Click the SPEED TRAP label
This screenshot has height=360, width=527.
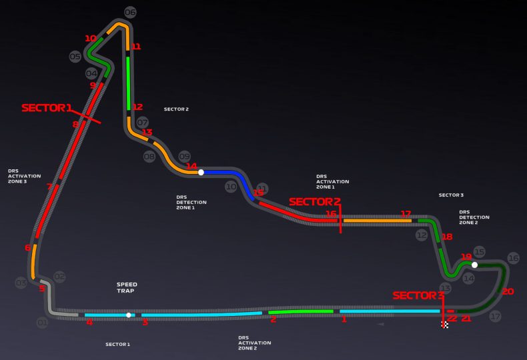[x=127, y=288]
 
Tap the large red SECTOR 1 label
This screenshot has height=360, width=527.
[x=46, y=107]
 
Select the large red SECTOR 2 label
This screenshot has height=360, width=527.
[x=314, y=201]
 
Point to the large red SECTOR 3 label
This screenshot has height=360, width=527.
[x=418, y=295]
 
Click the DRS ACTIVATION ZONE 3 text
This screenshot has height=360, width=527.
[x=24, y=176]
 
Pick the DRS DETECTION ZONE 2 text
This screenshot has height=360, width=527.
[x=474, y=217]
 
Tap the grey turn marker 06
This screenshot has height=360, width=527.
[x=130, y=12]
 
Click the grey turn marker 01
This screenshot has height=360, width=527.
[x=43, y=323]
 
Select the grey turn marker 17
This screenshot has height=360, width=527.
[x=494, y=317]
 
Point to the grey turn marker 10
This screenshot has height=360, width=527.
[x=231, y=187]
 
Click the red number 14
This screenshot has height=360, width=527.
[x=191, y=166]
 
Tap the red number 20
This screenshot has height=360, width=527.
[x=508, y=291]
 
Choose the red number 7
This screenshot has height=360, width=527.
[x=49, y=187]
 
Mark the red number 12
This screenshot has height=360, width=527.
[x=137, y=107]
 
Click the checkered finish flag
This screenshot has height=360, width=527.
[x=445, y=325]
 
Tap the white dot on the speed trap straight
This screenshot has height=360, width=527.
[x=129, y=315]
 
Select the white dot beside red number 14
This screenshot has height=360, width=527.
[x=201, y=172]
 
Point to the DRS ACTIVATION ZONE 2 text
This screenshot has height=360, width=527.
[x=254, y=343]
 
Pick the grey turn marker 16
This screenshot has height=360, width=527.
[x=513, y=258]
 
